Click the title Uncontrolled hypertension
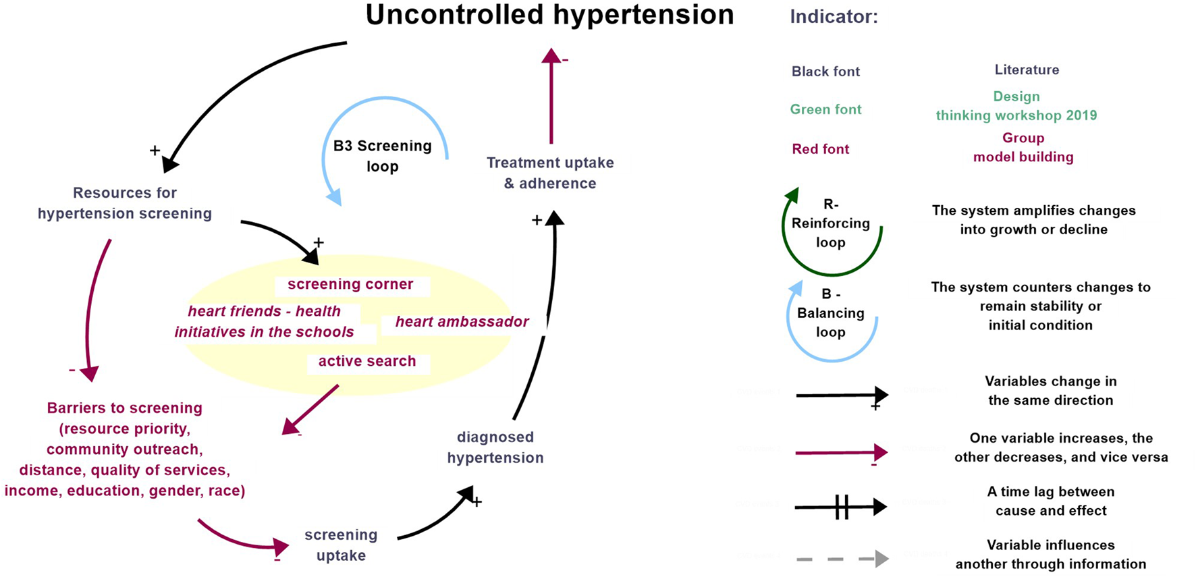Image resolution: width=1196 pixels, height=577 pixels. click(x=549, y=15)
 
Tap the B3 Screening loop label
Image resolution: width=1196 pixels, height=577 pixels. click(x=382, y=156)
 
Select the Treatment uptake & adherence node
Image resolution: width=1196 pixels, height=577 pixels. click(x=550, y=173)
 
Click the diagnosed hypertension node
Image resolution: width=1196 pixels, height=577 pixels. click(x=495, y=447)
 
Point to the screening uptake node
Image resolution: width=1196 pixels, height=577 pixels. click(x=340, y=545)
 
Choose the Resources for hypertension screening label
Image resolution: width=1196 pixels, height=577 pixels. click(x=125, y=202)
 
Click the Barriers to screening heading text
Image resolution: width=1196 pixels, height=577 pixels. click(x=124, y=408)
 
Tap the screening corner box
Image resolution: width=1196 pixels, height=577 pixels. click(x=350, y=284)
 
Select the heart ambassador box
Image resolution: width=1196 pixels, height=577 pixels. click(x=462, y=322)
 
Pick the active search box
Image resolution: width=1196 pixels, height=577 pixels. click(x=366, y=361)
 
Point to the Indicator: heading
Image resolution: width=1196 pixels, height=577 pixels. click(x=834, y=17)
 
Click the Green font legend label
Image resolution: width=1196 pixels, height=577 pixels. click(x=825, y=109)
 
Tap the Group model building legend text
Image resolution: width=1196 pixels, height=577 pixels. click(x=1023, y=147)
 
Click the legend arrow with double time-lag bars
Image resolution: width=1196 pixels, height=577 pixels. click(x=841, y=506)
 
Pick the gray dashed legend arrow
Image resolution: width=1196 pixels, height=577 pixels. click(x=841, y=559)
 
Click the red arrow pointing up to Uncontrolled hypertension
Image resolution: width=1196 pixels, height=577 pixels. click(x=551, y=98)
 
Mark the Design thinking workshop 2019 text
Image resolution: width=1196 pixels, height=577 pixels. click(x=1016, y=106)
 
